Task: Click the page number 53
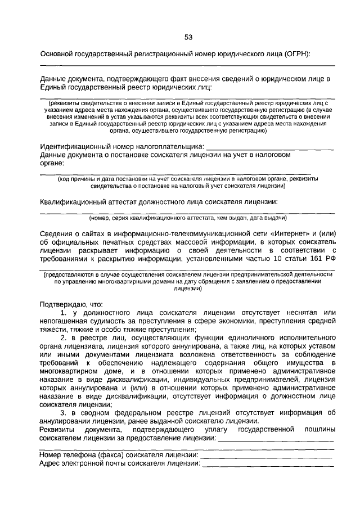pos(188,37)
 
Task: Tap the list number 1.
pos(64,312)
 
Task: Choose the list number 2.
pos(64,337)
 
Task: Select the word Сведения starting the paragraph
pos(57,235)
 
